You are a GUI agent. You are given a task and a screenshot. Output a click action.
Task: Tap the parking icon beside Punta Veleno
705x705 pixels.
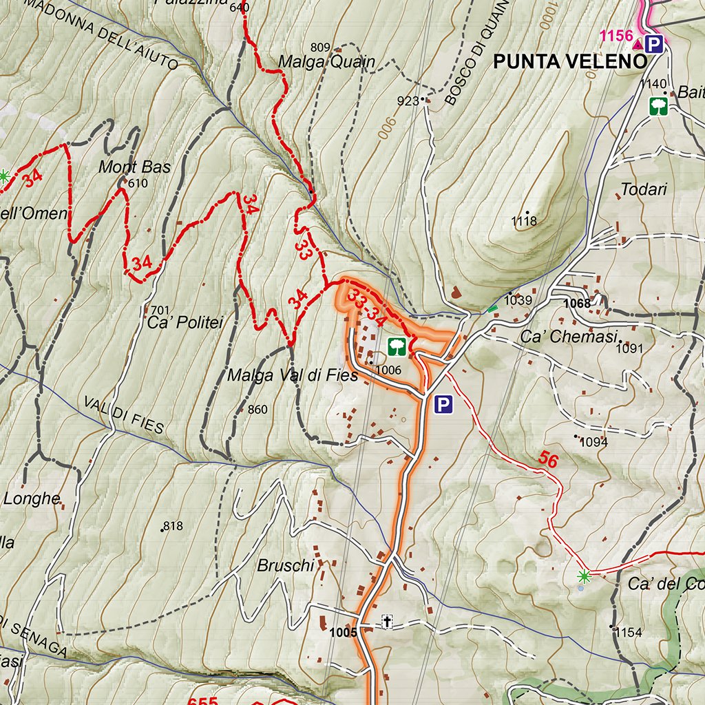pos(655,45)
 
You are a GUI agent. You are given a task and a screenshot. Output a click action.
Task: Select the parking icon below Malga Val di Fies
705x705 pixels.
pos(444,405)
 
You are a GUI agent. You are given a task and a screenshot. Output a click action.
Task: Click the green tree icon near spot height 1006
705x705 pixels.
pos(396,346)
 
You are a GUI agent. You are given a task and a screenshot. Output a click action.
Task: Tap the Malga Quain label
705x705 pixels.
pos(326,62)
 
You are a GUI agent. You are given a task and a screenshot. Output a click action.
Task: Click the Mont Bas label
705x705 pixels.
pos(134,167)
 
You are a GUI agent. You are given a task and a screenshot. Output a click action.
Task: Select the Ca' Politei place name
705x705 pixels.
pos(185,322)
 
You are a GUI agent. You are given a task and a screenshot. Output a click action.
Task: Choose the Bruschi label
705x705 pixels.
pos(285,566)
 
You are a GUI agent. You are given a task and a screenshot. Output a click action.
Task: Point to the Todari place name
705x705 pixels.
pos(644,189)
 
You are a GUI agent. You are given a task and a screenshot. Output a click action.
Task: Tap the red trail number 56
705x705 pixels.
pos(548,460)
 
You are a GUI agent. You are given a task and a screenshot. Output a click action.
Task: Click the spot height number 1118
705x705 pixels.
pos(523,221)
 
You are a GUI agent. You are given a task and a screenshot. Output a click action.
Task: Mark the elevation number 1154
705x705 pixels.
pos(628,632)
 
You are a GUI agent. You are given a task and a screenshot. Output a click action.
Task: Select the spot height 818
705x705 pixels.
pos(172,526)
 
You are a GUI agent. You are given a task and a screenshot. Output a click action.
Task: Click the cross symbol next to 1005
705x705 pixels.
pos(387,623)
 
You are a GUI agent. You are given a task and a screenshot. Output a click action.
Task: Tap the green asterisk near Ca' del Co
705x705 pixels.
pos(585,576)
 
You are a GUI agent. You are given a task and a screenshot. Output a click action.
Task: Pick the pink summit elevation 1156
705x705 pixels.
pos(615,36)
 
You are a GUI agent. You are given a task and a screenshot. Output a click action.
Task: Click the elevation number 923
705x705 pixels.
pos(408,101)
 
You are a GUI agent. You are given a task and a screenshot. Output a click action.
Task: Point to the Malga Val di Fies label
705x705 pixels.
pos(293,375)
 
